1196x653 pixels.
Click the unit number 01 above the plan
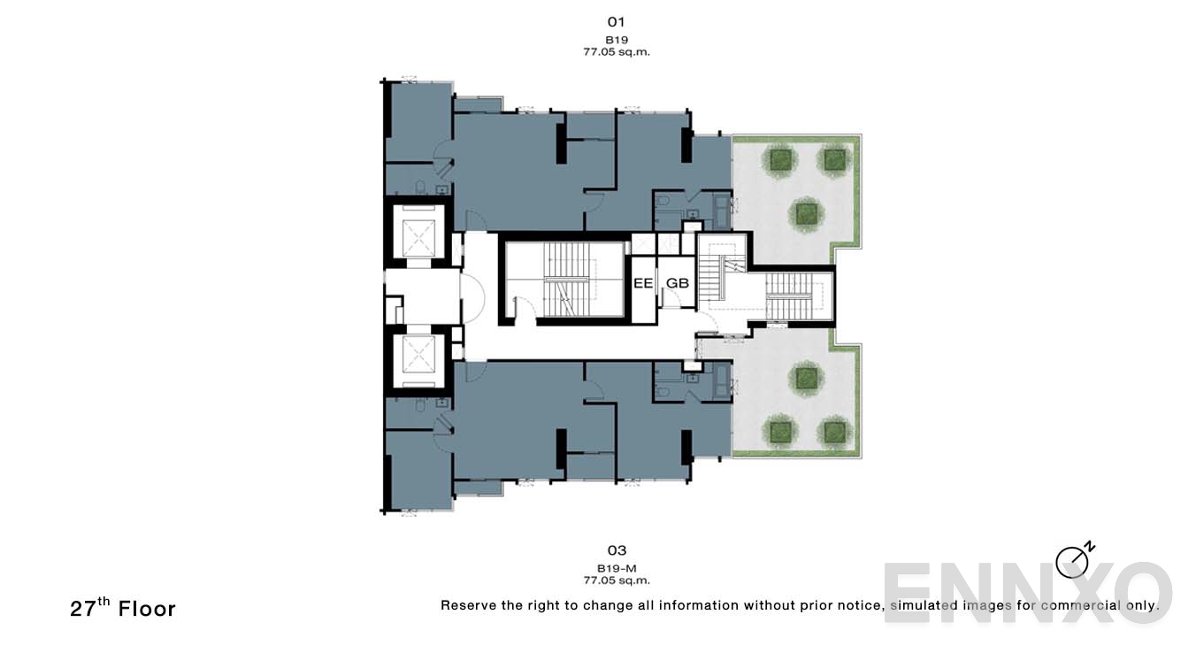[x=617, y=21]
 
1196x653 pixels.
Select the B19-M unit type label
[x=617, y=568]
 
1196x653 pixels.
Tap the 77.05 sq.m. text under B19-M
[x=617, y=581]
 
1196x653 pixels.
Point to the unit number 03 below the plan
[x=617, y=550]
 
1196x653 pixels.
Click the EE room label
[x=642, y=283]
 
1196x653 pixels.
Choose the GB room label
[x=677, y=283]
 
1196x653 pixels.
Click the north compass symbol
[x=1073, y=561]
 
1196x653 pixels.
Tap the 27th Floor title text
[x=123, y=608]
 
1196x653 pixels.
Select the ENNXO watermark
[x=1026, y=592]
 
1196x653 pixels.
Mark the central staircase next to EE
[x=564, y=280]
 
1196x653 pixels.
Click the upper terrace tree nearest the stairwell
[x=804, y=212]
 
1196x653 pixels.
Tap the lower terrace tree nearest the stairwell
[x=804, y=378]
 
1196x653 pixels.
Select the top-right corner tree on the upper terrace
[x=833, y=159]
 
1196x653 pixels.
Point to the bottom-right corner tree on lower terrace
[x=833, y=432]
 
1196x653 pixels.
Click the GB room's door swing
[x=673, y=299]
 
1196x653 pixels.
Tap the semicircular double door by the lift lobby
[x=471, y=298]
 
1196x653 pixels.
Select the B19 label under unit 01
[x=617, y=40]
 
